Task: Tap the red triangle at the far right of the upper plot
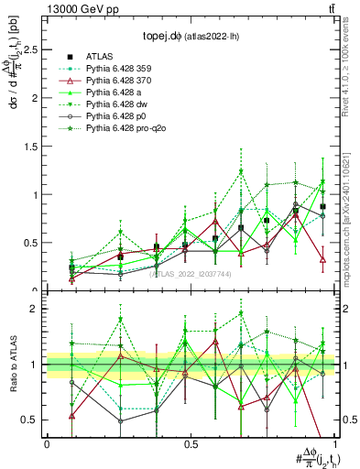point(323,260)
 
